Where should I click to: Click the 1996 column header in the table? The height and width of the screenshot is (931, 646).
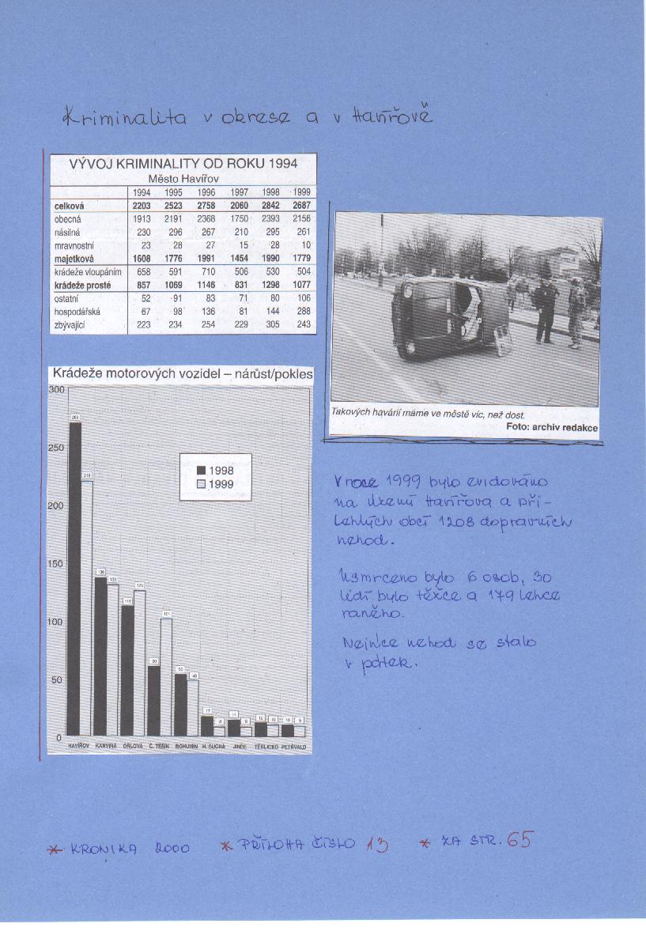[x=206, y=192]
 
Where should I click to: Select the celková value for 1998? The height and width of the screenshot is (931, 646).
[x=270, y=205]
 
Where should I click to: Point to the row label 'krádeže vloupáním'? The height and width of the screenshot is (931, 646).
[x=87, y=271]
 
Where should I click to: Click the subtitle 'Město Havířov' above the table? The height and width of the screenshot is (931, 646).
[x=183, y=179]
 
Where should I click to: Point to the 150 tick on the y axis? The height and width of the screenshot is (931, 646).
[x=56, y=564]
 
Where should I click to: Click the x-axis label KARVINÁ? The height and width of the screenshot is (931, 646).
[x=106, y=746]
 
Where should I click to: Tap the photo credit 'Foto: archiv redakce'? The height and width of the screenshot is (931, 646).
[x=552, y=427]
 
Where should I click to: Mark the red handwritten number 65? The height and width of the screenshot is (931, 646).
[x=519, y=840]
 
